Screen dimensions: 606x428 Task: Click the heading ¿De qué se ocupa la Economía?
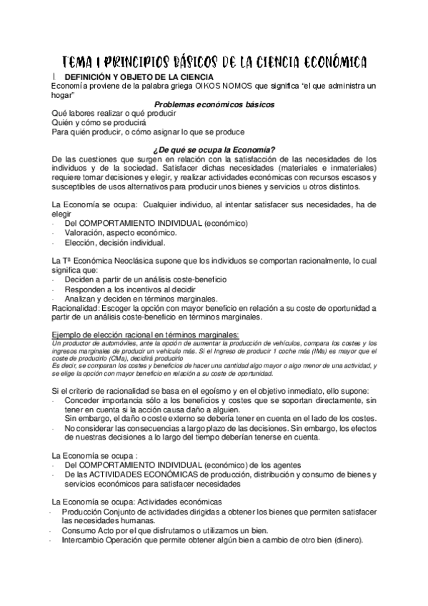[x=214, y=149]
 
